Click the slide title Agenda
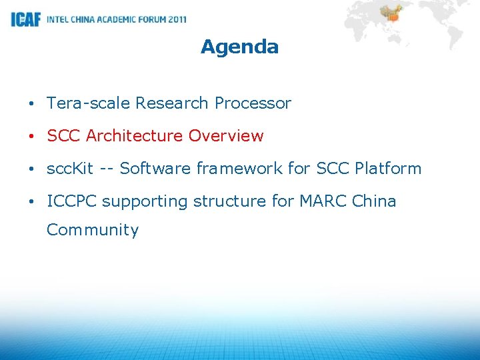pyautogui.click(x=239, y=47)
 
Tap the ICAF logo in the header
pyautogui.click(x=25, y=19)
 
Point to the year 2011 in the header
pyautogui.click(x=177, y=19)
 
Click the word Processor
pyautogui.click(x=253, y=103)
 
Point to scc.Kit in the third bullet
pyautogui.click(x=70, y=169)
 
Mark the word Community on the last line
pyautogui.click(x=93, y=230)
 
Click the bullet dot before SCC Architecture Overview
pyautogui.click(x=31, y=137)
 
